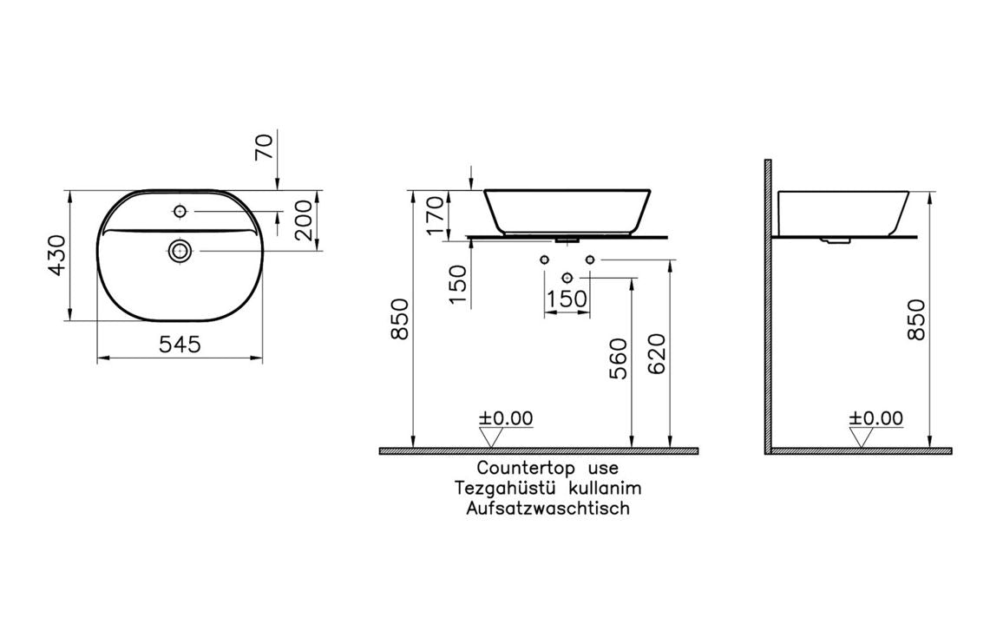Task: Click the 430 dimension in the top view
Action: [x=56, y=255]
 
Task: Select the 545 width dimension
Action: [x=180, y=345]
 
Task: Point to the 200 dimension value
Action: [x=305, y=220]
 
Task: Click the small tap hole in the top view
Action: [x=180, y=211]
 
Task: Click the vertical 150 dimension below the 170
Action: [x=458, y=283]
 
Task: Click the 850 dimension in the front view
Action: [x=400, y=321]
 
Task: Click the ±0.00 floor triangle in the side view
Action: [x=862, y=437]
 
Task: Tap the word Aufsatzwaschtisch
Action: [x=547, y=509]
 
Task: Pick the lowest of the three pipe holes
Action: [x=567, y=277]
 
